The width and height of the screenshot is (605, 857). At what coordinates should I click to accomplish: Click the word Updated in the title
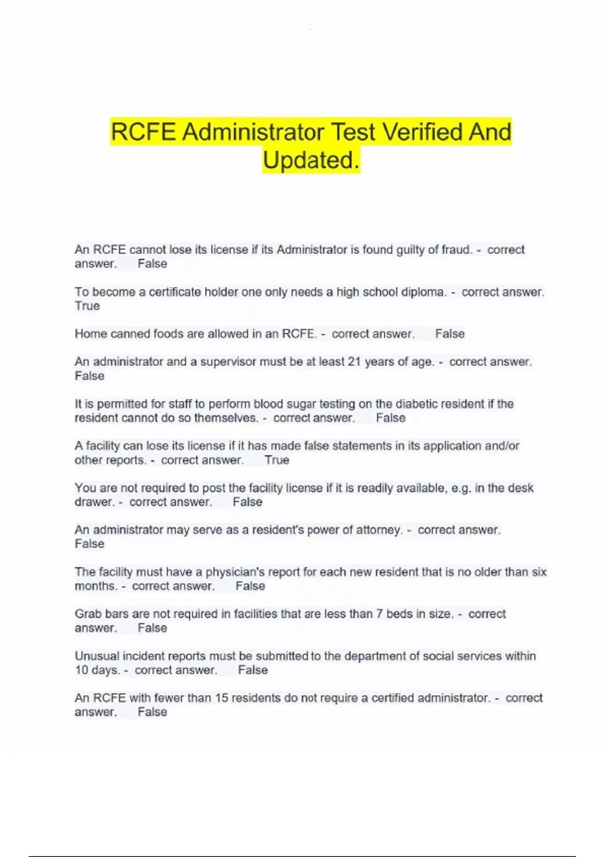point(308,160)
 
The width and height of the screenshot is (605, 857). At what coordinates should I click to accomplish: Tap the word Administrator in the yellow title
point(253,133)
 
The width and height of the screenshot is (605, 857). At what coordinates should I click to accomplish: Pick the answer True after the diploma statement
point(87,306)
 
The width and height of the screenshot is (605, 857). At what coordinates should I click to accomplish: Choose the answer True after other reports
point(277,460)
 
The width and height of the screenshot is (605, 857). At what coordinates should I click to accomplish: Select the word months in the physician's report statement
point(96,586)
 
